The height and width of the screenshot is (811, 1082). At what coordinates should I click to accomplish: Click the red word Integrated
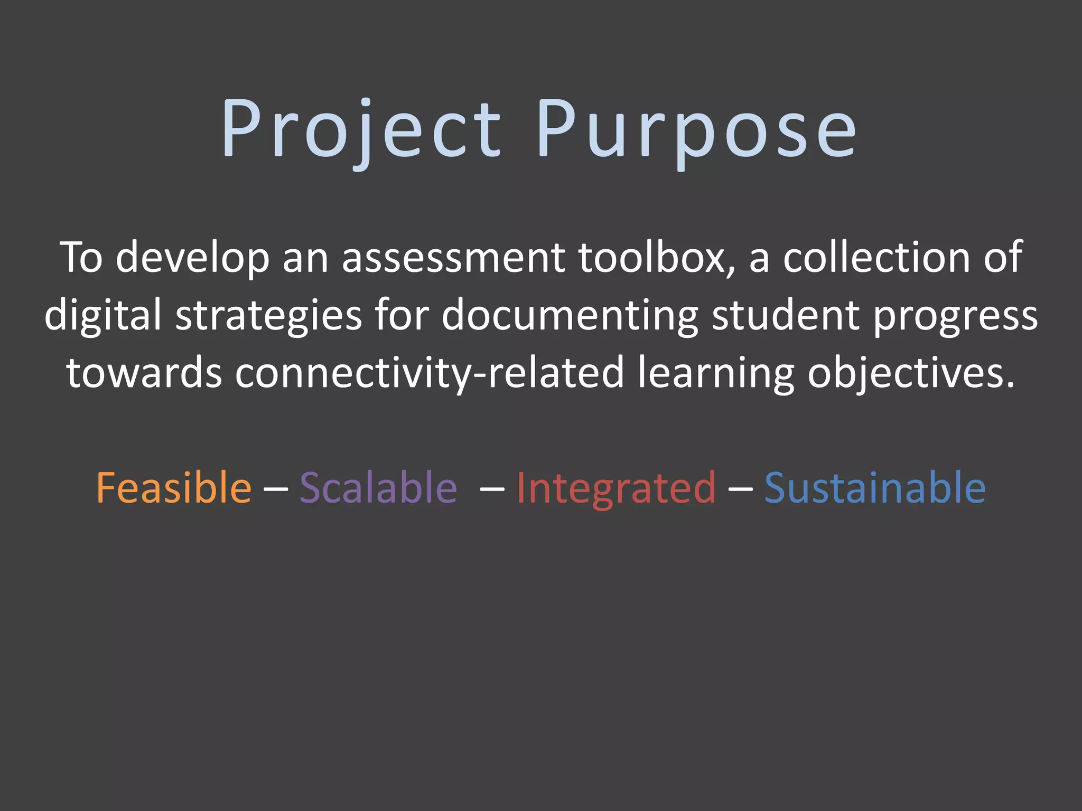point(616,488)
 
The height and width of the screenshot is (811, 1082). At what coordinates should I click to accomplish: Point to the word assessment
point(453,258)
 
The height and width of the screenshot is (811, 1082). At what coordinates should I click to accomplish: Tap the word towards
point(144,373)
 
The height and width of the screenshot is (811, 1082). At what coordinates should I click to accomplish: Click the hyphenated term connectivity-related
point(430,373)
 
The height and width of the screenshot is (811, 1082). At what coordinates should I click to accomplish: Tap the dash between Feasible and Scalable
point(275,488)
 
